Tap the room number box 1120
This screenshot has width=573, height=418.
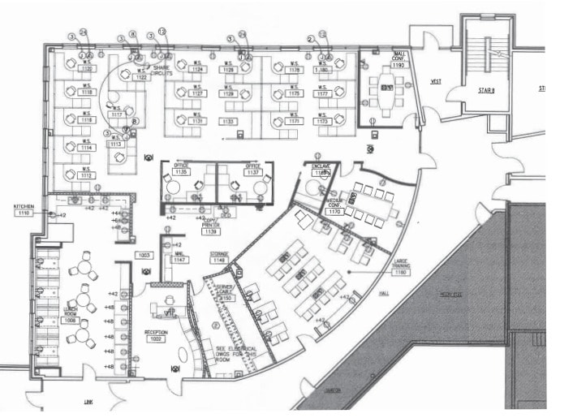coord(87,70)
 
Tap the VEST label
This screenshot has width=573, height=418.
coord(435,83)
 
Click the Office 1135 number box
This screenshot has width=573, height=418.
coord(181,172)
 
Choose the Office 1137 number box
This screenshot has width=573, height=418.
coord(253,172)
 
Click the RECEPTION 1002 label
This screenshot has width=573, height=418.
coord(157,336)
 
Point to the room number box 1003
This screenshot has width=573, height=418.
coord(144,255)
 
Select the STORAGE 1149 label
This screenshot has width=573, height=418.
coord(219,257)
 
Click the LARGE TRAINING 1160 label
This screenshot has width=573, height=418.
coord(401,269)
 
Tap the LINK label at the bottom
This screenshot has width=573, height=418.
coord(88,402)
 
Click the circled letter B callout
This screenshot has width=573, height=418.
coord(135,122)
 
